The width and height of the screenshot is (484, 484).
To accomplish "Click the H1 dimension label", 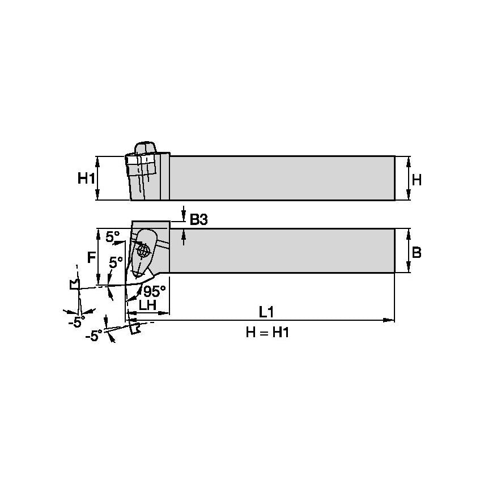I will click(85, 179).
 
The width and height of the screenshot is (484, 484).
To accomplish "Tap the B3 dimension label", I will click(199, 219).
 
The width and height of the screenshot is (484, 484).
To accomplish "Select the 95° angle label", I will click(154, 291).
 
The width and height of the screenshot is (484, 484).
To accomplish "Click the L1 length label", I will click(266, 312).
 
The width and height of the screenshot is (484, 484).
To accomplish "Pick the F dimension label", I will click(91, 258).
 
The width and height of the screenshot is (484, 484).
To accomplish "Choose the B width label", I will click(417, 253).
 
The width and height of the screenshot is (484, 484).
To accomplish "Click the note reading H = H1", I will click(267, 333).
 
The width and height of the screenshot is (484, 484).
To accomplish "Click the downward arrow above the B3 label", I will click(184, 218).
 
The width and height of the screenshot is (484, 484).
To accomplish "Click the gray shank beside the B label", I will click(283, 251).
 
